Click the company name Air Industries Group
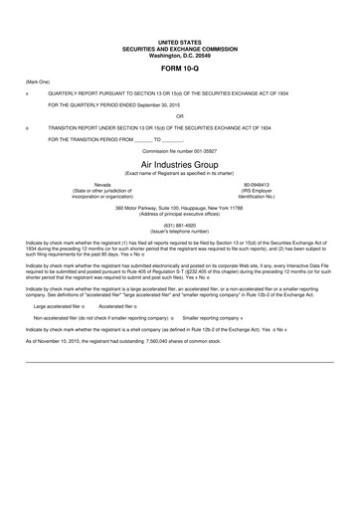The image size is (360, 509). pos(179,162)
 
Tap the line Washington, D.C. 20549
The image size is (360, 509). pos(179,54)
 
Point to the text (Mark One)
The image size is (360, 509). pos(38,81)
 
